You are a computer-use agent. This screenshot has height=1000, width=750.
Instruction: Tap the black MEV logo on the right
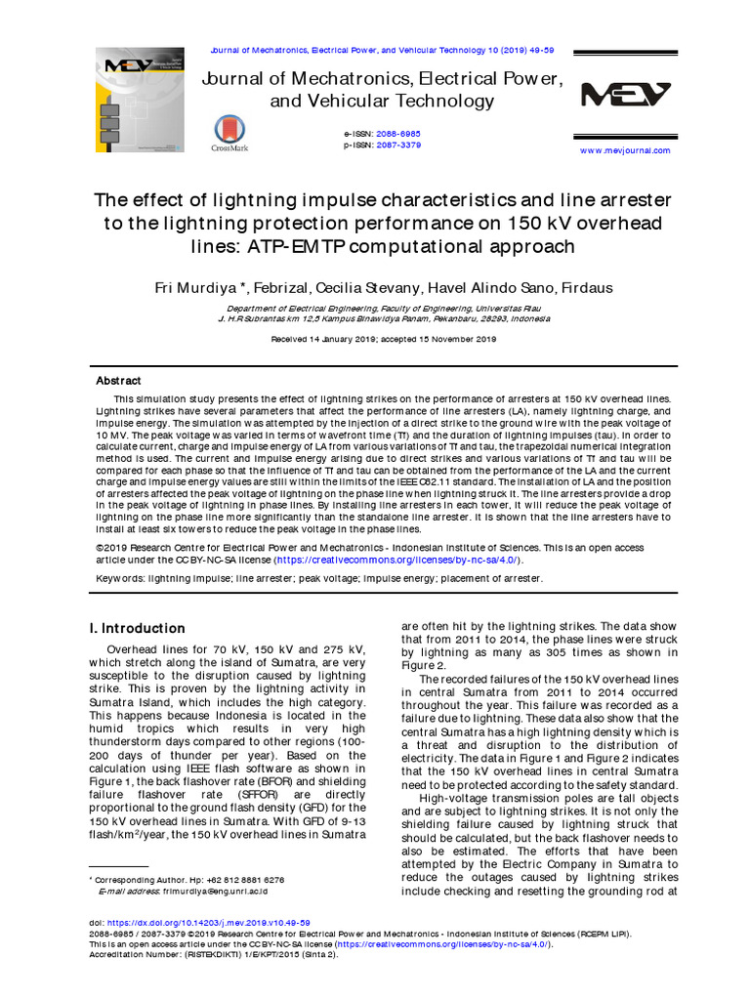coord(626,95)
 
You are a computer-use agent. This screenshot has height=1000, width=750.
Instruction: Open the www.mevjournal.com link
coord(625,150)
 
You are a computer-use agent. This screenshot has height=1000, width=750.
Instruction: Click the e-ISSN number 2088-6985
coord(398,133)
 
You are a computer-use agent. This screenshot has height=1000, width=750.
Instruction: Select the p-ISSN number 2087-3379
coord(398,145)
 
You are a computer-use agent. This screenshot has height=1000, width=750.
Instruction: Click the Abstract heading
coord(118,381)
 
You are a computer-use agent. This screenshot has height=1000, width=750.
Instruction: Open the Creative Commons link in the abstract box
coord(397,561)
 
